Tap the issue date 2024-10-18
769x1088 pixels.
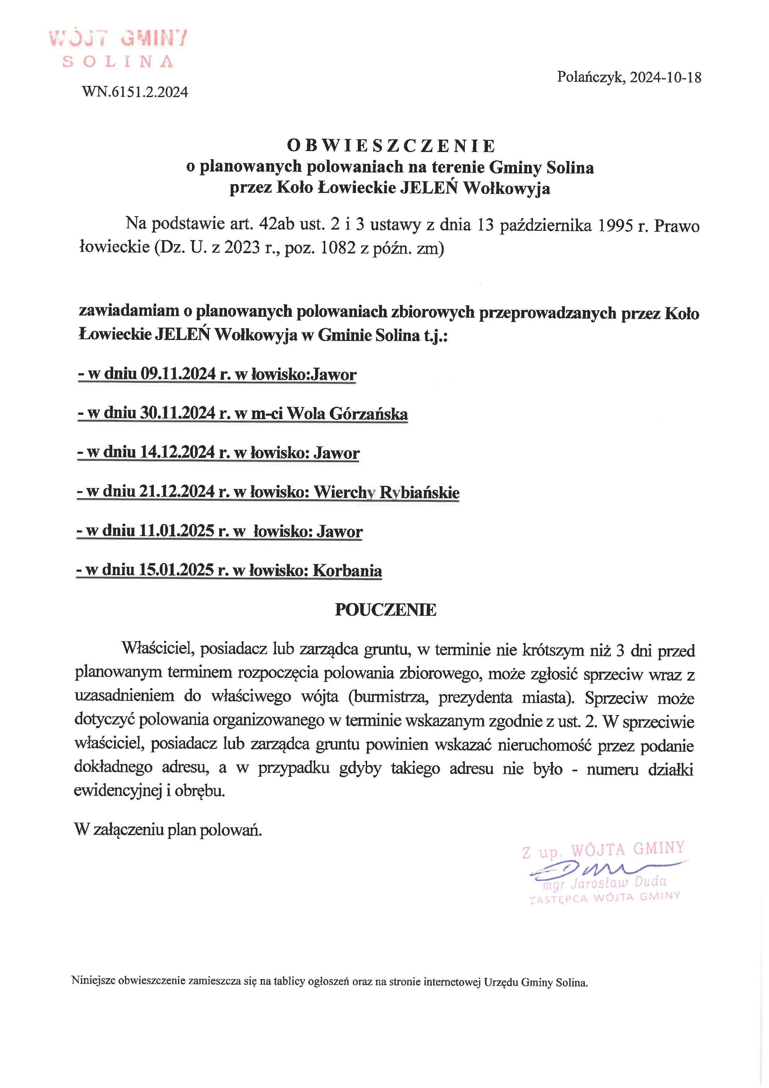(x=665, y=77)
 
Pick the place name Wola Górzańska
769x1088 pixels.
(x=347, y=414)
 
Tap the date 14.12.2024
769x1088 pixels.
(x=178, y=453)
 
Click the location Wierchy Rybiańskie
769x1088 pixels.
(x=386, y=492)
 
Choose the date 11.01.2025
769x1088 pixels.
(x=177, y=531)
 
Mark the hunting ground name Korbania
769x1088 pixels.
(x=347, y=571)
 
